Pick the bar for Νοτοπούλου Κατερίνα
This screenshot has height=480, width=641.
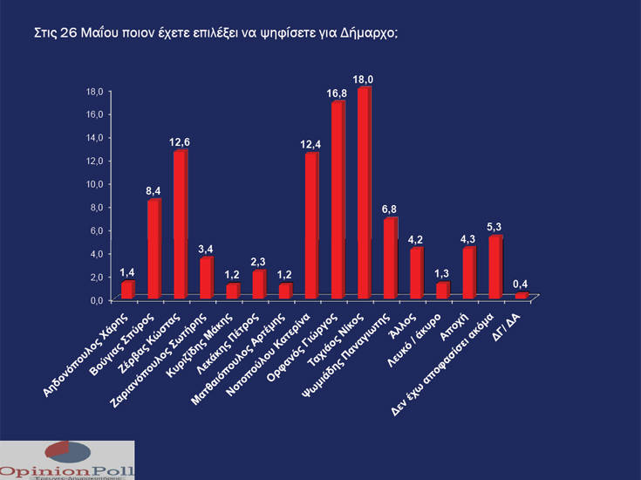[310, 226]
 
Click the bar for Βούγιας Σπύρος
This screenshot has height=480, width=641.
[153, 250]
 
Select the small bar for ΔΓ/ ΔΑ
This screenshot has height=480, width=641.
[521, 296]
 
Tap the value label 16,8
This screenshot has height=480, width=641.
[338, 93]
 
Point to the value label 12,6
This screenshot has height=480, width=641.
[180, 141]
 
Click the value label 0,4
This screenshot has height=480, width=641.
[521, 283]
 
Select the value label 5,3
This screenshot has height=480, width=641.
[494, 226]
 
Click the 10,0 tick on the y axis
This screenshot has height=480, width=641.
[94, 183]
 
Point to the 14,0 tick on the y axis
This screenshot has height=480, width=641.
[94, 137]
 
